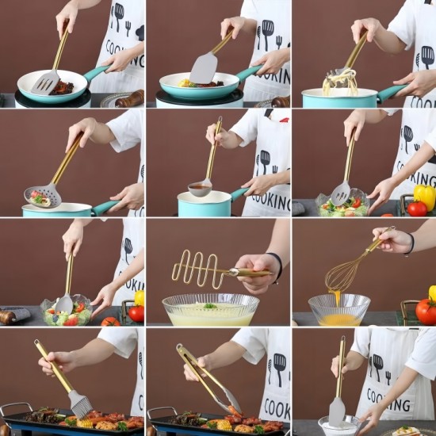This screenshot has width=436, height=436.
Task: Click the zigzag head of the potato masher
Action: pyautogui.click(x=198, y=270)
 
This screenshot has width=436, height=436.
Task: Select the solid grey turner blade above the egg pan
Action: pyautogui.click(x=204, y=68)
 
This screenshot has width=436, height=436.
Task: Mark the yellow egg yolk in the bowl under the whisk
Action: pyautogui.click(x=339, y=319)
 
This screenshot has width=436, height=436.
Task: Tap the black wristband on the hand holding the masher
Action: pyautogui.click(x=277, y=267)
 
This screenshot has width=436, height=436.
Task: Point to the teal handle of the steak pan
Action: pyautogui.click(x=96, y=73)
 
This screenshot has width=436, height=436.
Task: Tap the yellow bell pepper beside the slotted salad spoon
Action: pyautogui.click(x=425, y=194)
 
